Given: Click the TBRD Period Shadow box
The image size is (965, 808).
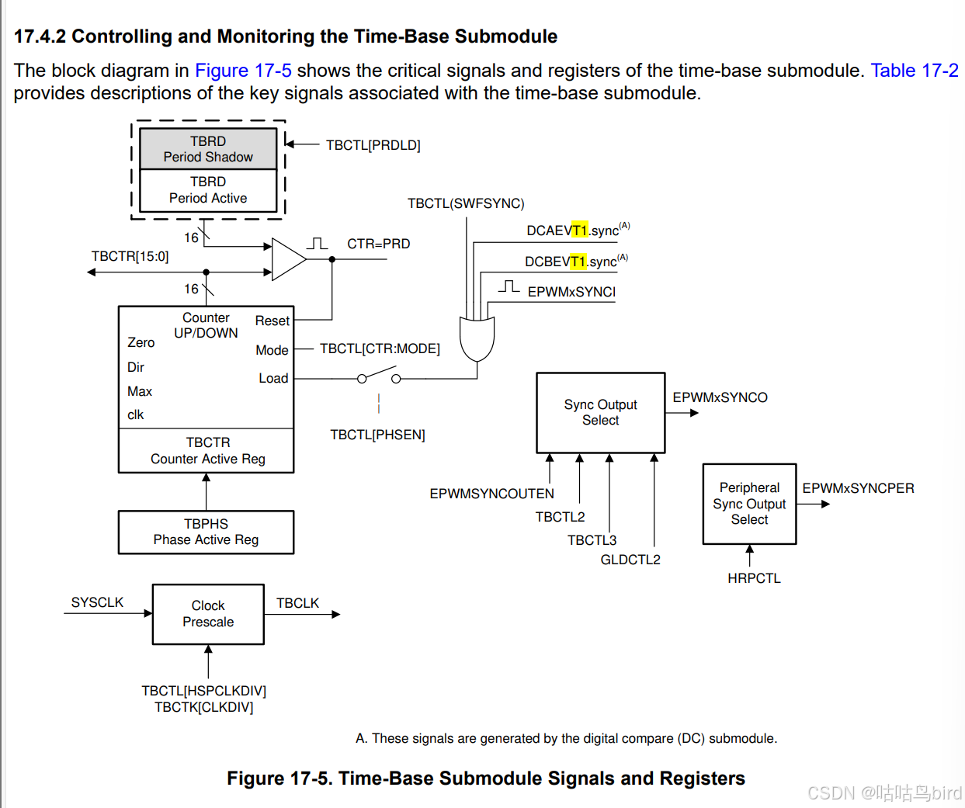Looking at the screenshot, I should coord(208,149).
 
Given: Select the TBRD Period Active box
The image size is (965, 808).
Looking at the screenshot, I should coord(208,190).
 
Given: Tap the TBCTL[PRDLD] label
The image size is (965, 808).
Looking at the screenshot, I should coord(373,145).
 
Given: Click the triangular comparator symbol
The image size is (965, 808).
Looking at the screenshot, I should coord(288,258).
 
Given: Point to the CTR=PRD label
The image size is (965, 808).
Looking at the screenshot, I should coord(378,244).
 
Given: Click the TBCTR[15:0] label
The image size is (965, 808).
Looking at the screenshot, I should coord(130,256).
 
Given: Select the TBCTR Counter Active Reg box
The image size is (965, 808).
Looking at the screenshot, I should coord(207,451).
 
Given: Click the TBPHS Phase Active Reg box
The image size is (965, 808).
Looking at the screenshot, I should coord(206,532).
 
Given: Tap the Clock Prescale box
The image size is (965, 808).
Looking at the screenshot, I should coord(208,614).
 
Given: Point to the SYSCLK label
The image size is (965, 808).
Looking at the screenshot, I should coord(97,602).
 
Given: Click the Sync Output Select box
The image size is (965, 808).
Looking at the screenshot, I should coord(600,412).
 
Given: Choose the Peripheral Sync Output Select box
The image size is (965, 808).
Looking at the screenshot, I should coord(749,504).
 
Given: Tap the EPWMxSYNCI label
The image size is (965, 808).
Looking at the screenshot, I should coord(571,292).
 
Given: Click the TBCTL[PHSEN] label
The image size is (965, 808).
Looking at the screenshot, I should coord(377,435).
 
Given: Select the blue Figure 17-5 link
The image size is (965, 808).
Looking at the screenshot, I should coord(243,71).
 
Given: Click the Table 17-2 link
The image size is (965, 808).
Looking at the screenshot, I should coord(915,71).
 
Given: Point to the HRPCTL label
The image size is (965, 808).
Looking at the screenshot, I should coord(754,578).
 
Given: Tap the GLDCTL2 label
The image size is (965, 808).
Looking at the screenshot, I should coord(630,560).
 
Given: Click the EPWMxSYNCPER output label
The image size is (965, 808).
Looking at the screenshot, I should coord(858,488).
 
